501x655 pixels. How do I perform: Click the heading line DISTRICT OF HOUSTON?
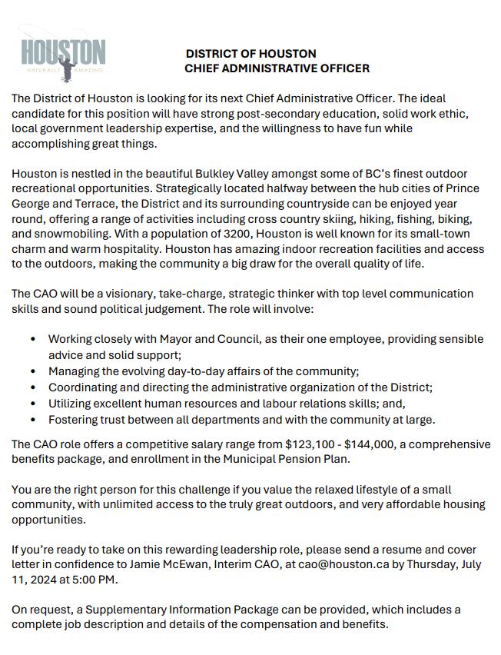pos(250,54)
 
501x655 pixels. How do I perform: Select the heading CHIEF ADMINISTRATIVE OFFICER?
pos(277,68)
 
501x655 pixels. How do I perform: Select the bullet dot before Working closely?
pos(32,339)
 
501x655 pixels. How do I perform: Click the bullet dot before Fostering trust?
pos(32,420)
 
